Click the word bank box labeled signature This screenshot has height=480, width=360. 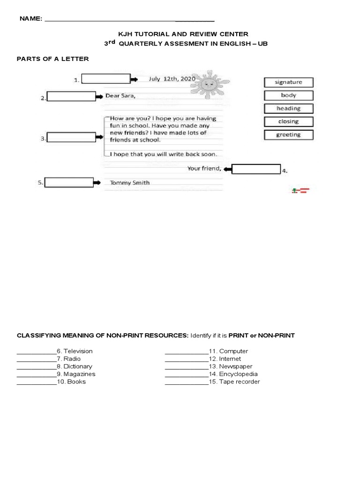(x=288, y=82)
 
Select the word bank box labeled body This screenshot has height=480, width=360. (x=288, y=96)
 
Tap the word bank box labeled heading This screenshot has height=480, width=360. (x=288, y=109)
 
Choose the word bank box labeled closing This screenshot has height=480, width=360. (x=288, y=122)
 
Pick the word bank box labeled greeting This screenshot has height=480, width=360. (x=288, y=135)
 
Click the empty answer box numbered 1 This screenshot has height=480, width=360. (x=105, y=79)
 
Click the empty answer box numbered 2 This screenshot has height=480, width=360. (x=71, y=97)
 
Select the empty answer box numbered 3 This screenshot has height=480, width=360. (x=71, y=138)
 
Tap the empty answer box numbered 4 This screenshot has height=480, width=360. (x=256, y=169)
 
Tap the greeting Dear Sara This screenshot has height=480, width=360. (x=122, y=96)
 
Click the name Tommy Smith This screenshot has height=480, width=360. (x=130, y=183)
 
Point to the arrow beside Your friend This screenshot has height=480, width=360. (x=227, y=169)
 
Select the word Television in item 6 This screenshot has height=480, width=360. (x=78, y=351)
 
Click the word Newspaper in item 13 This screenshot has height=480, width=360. (x=236, y=367)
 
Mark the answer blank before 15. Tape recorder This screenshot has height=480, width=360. (x=186, y=382)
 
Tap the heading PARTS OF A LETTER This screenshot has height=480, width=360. (x=53, y=59)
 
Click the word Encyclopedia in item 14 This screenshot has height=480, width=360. (x=239, y=374)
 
